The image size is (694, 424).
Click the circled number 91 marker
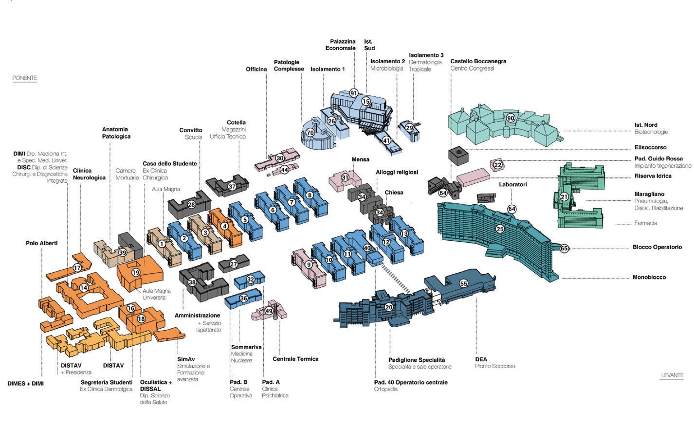354,93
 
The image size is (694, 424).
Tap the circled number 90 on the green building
510,118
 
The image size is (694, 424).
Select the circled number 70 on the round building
310,133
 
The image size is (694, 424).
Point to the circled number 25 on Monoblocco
500,229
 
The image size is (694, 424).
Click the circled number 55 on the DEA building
463,283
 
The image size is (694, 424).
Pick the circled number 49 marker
269,311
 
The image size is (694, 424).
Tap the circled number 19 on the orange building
136,273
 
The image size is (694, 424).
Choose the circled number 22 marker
498,165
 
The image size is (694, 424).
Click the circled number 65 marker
564,248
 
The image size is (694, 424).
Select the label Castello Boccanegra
478,61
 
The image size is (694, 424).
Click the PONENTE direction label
25,78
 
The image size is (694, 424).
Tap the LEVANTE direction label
672,375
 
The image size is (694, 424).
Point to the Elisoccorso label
650,147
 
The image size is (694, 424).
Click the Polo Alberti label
41,243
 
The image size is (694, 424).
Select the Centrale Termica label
295,359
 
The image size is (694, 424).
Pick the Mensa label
360,159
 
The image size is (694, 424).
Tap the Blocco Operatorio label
657,247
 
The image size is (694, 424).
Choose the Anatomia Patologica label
116,133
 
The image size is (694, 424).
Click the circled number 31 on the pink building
345,178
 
